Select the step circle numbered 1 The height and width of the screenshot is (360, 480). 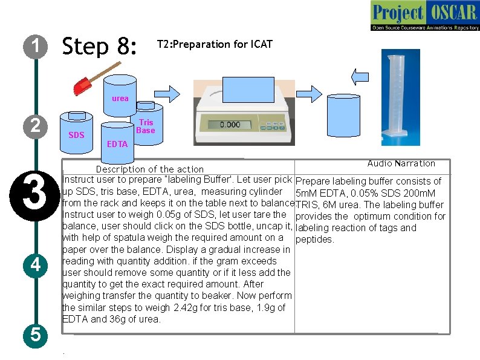37,46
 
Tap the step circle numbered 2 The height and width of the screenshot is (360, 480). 37,126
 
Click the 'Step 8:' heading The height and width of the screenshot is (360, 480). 100,46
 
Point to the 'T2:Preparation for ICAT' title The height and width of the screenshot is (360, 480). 215,44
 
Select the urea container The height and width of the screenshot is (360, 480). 120,95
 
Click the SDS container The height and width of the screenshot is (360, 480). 77,132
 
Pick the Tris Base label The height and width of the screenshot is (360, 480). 146,126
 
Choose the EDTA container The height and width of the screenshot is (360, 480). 117,141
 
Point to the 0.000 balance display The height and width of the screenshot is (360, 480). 229,125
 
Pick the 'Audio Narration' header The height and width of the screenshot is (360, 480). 401,163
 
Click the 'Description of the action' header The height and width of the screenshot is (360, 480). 150,169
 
